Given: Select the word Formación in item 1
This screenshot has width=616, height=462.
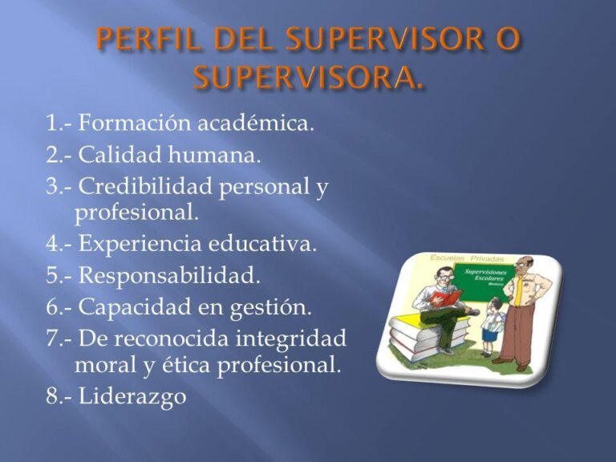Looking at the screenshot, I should pos(132,125).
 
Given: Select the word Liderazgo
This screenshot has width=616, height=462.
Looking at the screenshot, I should pos(132,396).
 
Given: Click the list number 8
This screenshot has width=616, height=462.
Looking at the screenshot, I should pos(53,396).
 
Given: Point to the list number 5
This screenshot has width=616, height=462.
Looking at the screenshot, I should pos(53,276).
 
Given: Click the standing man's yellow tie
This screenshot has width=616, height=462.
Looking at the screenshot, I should pos(521,289).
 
